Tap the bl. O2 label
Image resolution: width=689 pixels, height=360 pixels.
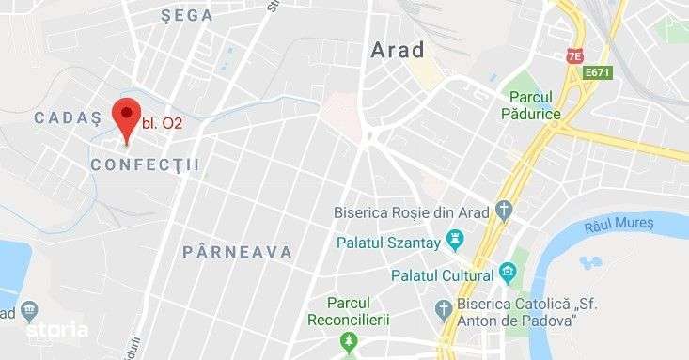coord(162,122)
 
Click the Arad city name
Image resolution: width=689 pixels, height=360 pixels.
coord(398,50)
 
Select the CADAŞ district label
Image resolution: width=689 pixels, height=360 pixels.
coord(67,117)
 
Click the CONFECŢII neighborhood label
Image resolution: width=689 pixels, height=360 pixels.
coord(146,164)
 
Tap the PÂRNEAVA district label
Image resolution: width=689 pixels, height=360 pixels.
coord(238,252)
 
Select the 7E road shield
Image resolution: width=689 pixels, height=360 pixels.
coord(574,56)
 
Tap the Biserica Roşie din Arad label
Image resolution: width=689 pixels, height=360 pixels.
coord(412,211)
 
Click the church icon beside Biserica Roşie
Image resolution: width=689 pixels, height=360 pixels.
coord(504,211)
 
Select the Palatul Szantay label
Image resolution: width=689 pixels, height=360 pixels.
coord(389,243)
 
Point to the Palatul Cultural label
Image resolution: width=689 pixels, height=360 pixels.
coord(442,275)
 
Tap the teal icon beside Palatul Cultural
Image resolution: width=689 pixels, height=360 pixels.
coord(509,274)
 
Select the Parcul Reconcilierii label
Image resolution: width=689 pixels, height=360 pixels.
coord(349,310)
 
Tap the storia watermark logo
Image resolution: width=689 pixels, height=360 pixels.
coord(57,330)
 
